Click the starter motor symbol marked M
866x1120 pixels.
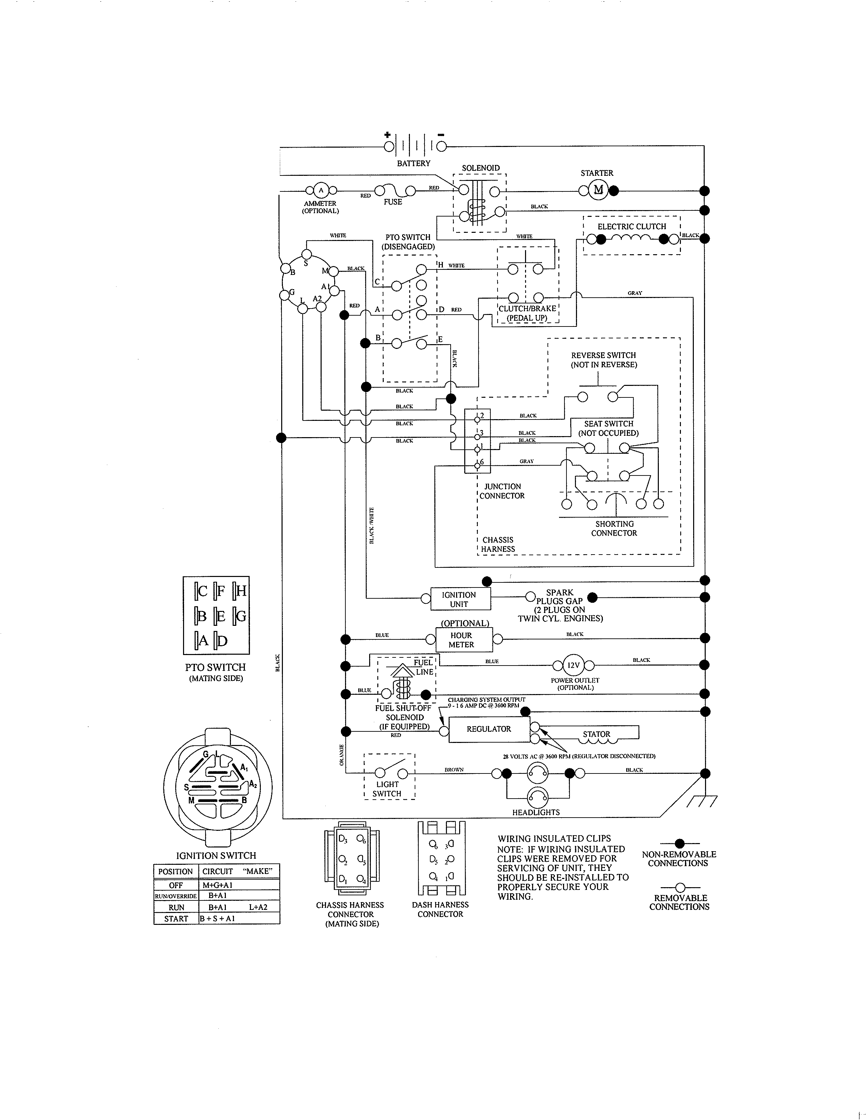pos(598,191)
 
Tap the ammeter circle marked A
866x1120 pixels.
pos(321,191)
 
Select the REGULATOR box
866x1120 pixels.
pos(489,729)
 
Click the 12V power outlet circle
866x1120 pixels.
pos(573,666)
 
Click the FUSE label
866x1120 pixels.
pos(393,202)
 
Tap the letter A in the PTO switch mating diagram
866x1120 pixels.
pos(203,640)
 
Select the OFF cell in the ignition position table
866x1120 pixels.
pos(176,885)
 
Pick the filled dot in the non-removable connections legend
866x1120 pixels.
pos(680,843)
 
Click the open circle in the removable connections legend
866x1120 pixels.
pos(680,887)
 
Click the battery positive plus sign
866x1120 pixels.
pos(388,135)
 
